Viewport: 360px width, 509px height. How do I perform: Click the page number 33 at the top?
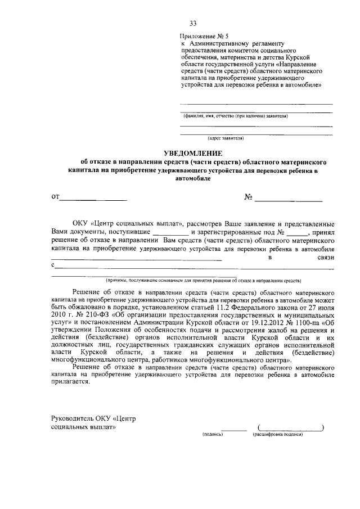click(193, 23)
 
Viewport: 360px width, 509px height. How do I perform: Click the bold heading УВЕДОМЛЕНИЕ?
click(193, 153)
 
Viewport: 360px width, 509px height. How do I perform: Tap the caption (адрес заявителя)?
click(225, 137)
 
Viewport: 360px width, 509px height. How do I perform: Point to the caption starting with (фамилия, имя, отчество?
click(236, 116)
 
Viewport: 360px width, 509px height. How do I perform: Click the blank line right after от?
click(93, 199)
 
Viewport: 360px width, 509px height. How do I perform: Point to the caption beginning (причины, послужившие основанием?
click(205, 280)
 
